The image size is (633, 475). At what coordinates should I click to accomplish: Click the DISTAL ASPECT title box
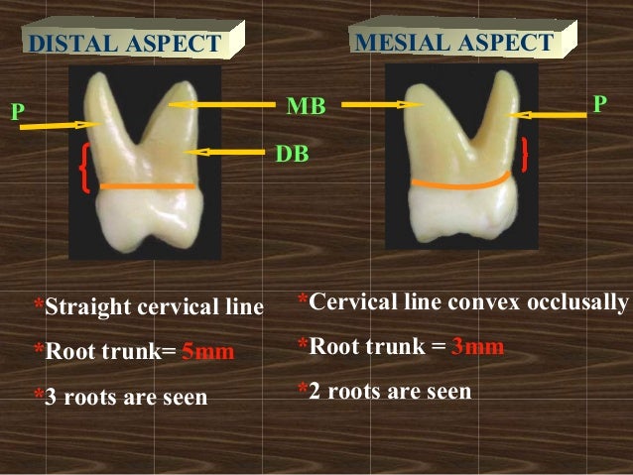pos(125,44)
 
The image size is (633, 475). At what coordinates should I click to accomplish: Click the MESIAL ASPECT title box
pos(453,43)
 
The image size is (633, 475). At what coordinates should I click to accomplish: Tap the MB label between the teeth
pos(306,106)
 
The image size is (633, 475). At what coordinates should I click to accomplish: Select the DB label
pos(291,155)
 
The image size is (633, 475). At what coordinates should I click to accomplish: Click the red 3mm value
pos(477,346)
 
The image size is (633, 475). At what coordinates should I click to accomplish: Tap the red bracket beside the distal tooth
pos(85,167)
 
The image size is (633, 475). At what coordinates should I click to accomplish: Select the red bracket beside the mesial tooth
pos(523,154)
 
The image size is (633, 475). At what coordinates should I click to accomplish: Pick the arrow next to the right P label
pos(552,115)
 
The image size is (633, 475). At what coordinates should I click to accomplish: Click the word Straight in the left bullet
pos(86,306)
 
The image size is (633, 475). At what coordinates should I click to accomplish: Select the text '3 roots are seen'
pos(126,398)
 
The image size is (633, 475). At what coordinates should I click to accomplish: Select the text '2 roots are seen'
pos(390,391)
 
